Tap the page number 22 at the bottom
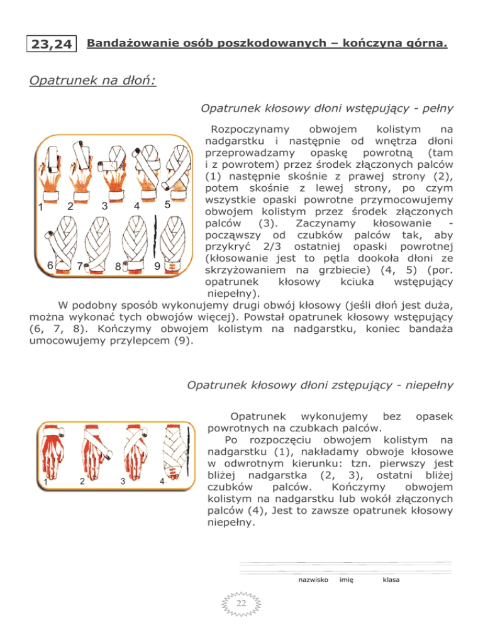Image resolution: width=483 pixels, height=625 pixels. click(x=241, y=605)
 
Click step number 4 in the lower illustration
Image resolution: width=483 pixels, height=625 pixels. click(x=163, y=482)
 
